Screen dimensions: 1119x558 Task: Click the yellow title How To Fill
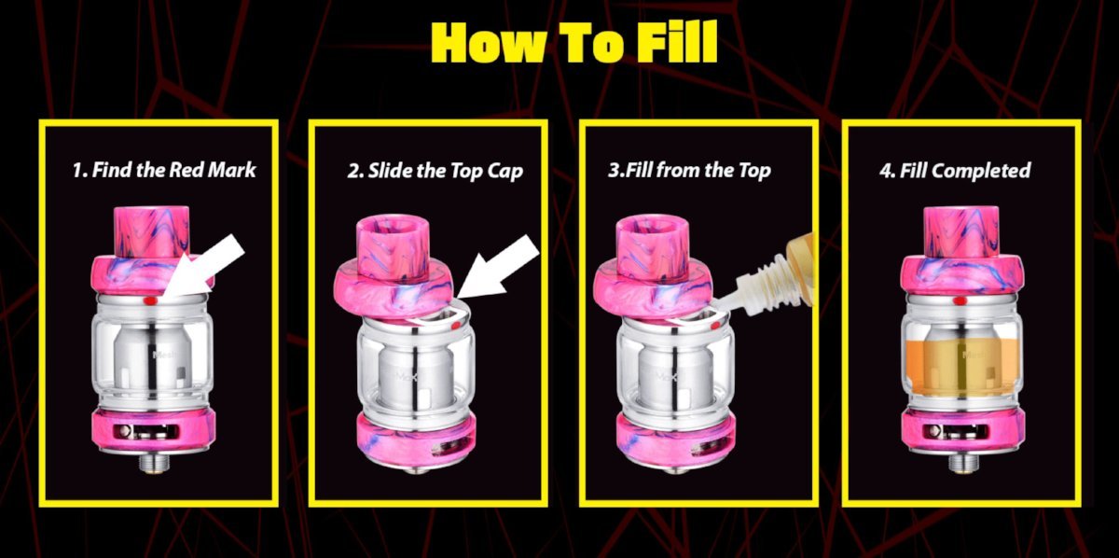point(574,42)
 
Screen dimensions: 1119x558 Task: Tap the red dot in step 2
point(456,326)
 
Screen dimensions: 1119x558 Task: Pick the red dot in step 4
point(960,300)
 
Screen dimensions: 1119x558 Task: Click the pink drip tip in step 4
point(961,232)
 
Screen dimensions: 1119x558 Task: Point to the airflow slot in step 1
point(145,431)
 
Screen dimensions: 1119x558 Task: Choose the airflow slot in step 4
point(955,431)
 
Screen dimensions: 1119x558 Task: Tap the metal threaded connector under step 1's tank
point(153,462)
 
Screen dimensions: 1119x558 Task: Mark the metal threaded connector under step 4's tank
point(963,462)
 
